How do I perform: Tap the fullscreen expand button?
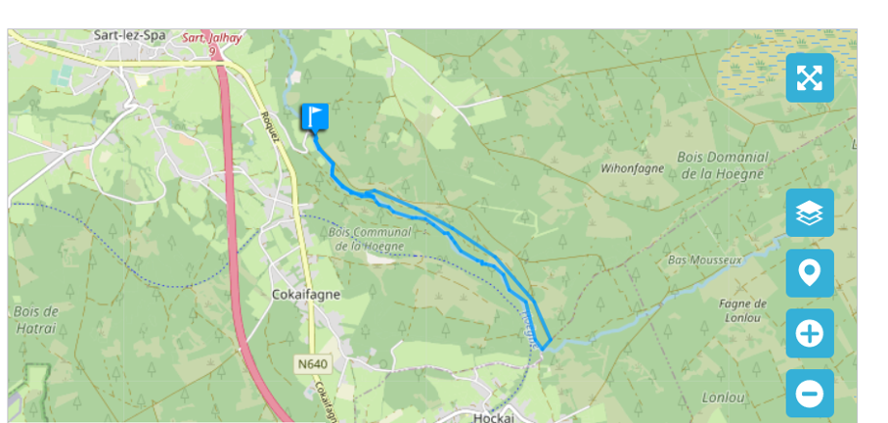(810, 78)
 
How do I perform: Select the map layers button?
(810, 213)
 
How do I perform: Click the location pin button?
(810, 273)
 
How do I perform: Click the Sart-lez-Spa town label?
(129, 35)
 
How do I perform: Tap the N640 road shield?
(313, 364)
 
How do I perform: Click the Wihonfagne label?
(632, 168)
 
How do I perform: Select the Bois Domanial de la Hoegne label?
(724, 165)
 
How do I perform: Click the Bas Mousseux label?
(694, 260)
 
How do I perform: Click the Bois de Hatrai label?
(37, 319)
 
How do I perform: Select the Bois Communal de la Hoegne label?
(371, 239)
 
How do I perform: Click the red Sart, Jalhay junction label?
(212, 38)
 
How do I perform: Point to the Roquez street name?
(271, 126)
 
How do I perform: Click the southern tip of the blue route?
(544, 348)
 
